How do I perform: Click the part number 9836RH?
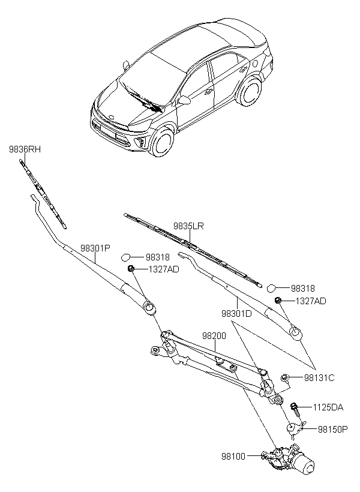pos(25,149)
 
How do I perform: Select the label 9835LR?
pos(189,226)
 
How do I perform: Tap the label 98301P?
pos(95,248)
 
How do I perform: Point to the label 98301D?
pos(236,313)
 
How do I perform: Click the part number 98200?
pos(214,336)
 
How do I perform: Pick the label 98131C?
pos(319,378)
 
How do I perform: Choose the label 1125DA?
pos(328,407)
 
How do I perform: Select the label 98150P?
pos(332,429)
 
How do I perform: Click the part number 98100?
pos(233,457)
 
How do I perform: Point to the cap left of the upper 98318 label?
pos(126,257)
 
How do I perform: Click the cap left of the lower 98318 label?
pos(271,288)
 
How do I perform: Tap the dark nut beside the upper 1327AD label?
pos(131,269)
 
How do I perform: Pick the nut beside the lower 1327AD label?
pos(277,301)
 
